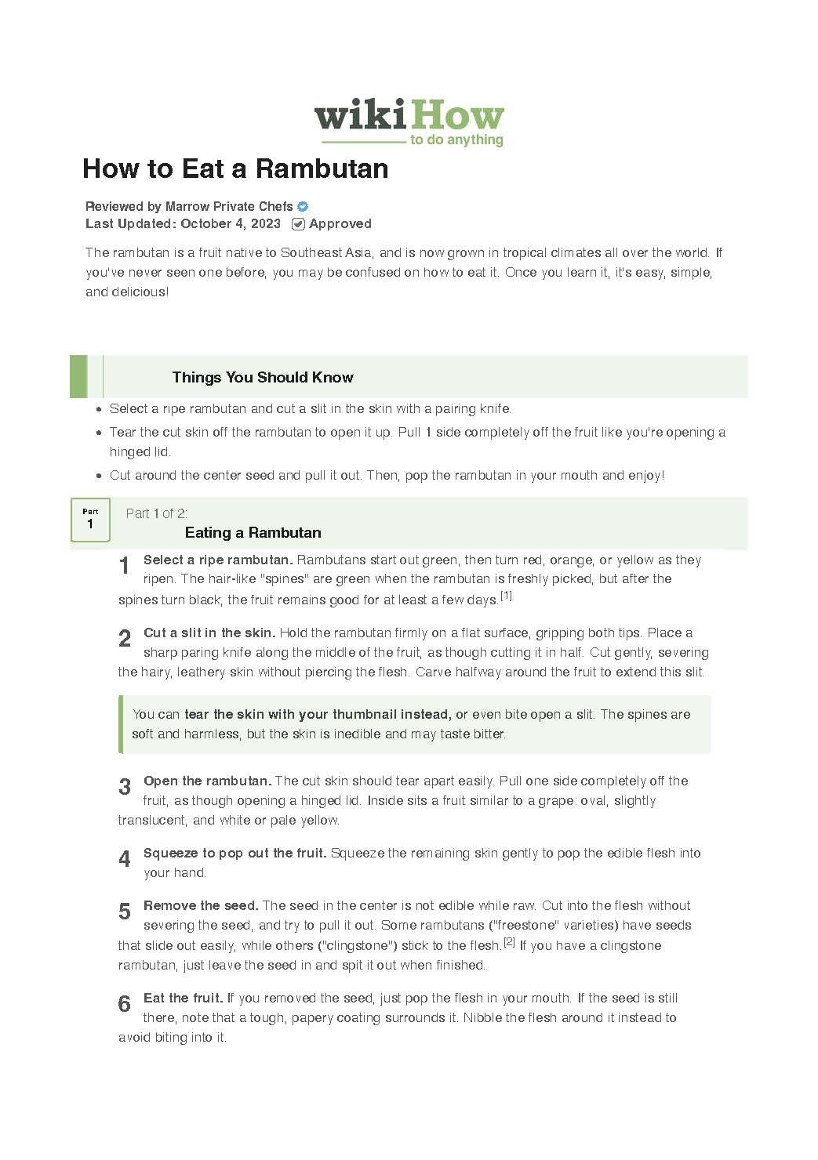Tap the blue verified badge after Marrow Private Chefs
[x=303, y=207]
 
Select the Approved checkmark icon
[x=298, y=224]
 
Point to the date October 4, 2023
[x=231, y=224]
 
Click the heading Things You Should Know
[x=263, y=378]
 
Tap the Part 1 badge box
[x=90, y=520]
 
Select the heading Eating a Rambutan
[x=253, y=533]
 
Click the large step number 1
[x=124, y=565]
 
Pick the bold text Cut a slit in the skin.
[x=209, y=633]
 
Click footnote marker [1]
[x=507, y=596]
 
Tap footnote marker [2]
[x=509, y=942]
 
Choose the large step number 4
[x=124, y=859]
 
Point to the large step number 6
[x=124, y=1004]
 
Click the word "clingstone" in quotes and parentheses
[x=357, y=946]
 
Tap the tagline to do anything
[x=456, y=140]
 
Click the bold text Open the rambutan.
[x=207, y=781]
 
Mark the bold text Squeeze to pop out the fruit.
[x=234, y=854]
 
